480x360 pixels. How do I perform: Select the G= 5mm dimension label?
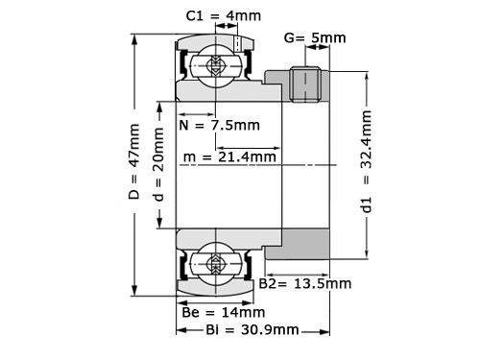[315, 37]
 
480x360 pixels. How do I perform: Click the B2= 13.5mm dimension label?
[305, 284]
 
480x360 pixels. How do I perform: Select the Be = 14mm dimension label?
[223, 312]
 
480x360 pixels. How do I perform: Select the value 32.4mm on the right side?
[365, 139]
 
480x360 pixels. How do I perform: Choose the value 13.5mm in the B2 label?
[324, 284]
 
